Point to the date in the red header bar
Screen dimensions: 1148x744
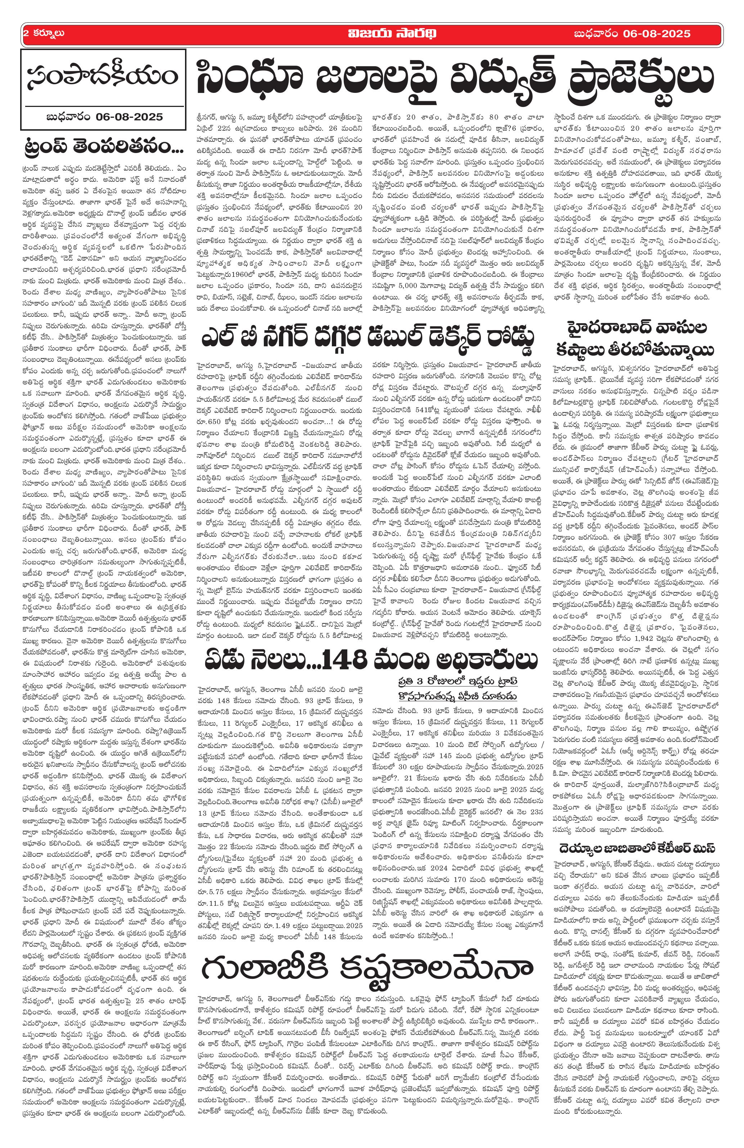point(632,34)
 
